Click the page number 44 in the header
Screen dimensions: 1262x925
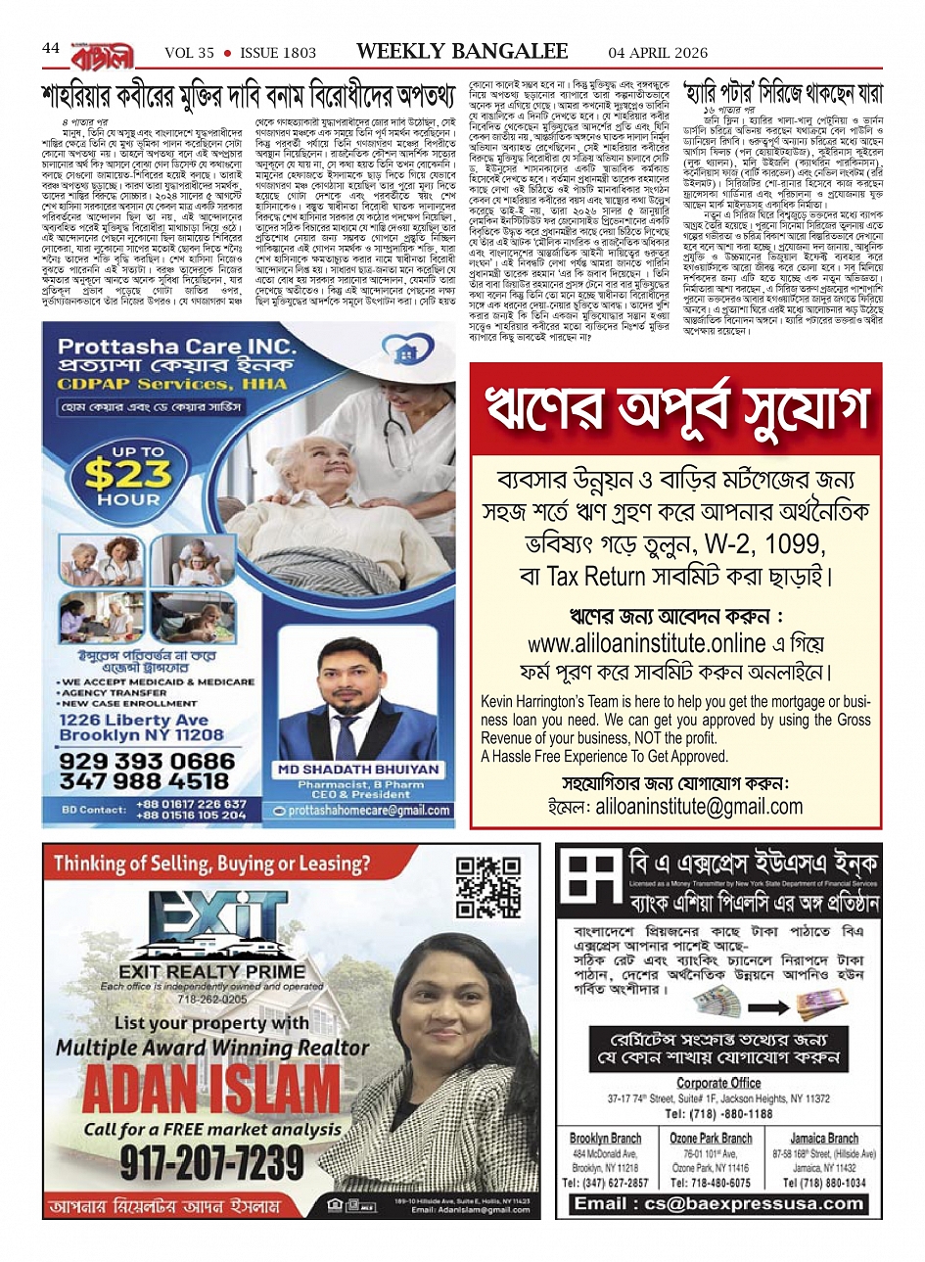tap(51, 49)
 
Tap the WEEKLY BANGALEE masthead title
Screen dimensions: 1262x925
tap(462, 51)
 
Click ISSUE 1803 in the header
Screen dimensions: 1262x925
tap(278, 53)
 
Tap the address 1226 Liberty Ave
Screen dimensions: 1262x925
tap(133, 720)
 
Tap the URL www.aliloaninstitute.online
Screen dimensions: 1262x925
tap(632, 643)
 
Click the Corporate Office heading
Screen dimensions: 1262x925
tap(718, 1083)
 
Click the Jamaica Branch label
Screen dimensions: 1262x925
tap(824, 1139)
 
